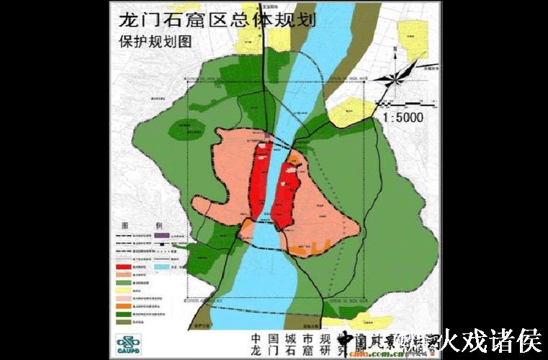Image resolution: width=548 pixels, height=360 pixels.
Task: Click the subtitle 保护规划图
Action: point(156,41)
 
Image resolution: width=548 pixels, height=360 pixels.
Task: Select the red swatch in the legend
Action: point(127,266)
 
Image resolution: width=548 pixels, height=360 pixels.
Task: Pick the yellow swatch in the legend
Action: point(127,290)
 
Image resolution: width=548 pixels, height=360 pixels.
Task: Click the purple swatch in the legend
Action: point(161,235)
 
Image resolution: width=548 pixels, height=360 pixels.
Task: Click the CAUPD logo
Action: point(130,343)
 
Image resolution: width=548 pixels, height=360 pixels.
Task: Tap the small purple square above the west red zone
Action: point(267,135)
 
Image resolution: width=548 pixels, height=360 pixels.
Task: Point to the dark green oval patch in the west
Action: point(187,130)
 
